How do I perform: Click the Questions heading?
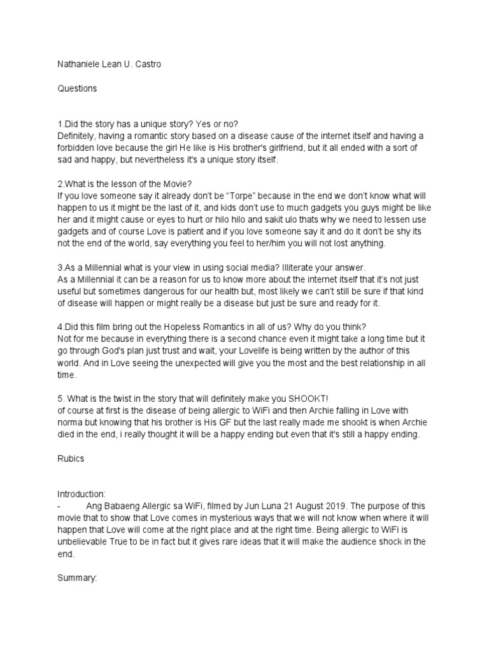click(x=77, y=89)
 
